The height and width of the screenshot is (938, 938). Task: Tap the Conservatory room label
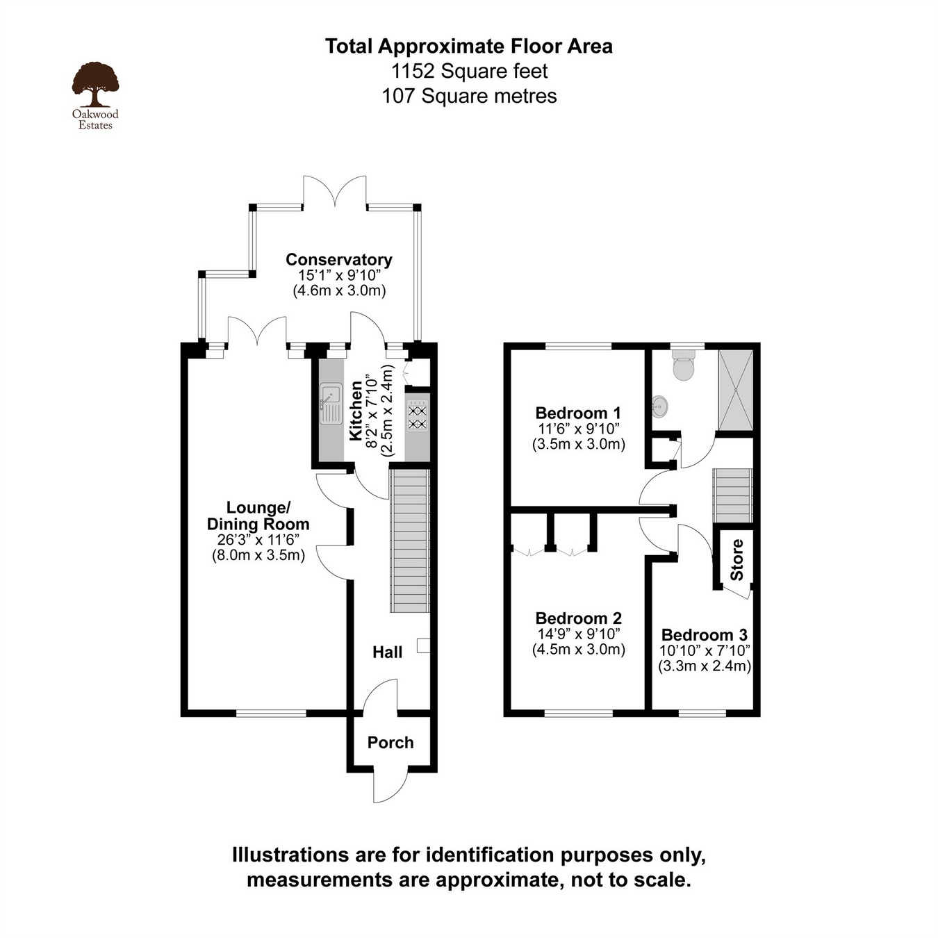click(x=338, y=260)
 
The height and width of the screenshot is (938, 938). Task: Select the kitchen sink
click(x=331, y=402)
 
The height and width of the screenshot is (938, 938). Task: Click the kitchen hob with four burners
click(x=417, y=415)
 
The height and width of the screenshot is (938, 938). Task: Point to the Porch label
click(x=390, y=743)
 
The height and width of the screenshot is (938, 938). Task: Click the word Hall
click(x=387, y=652)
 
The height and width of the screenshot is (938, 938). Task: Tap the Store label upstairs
click(x=737, y=560)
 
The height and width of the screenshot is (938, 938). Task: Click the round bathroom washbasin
click(x=660, y=406)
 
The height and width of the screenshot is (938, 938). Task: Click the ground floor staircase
click(x=409, y=541)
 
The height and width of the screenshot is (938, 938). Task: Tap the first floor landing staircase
click(x=732, y=495)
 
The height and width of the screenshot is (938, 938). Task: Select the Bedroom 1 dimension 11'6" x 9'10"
click(x=578, y=429)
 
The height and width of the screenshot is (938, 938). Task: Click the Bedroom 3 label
click(x=704, y=635)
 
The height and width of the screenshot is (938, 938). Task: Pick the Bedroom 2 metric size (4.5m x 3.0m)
click(x=578, y=650)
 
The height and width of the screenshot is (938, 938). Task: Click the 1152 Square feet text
click(x=469, y=72)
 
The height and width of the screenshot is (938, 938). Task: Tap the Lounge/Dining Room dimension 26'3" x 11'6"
click(x=258, y=540)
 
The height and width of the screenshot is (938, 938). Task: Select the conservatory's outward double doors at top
click(x=335, y=190)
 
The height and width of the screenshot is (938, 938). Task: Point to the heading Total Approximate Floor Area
click(x=469, y=47)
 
